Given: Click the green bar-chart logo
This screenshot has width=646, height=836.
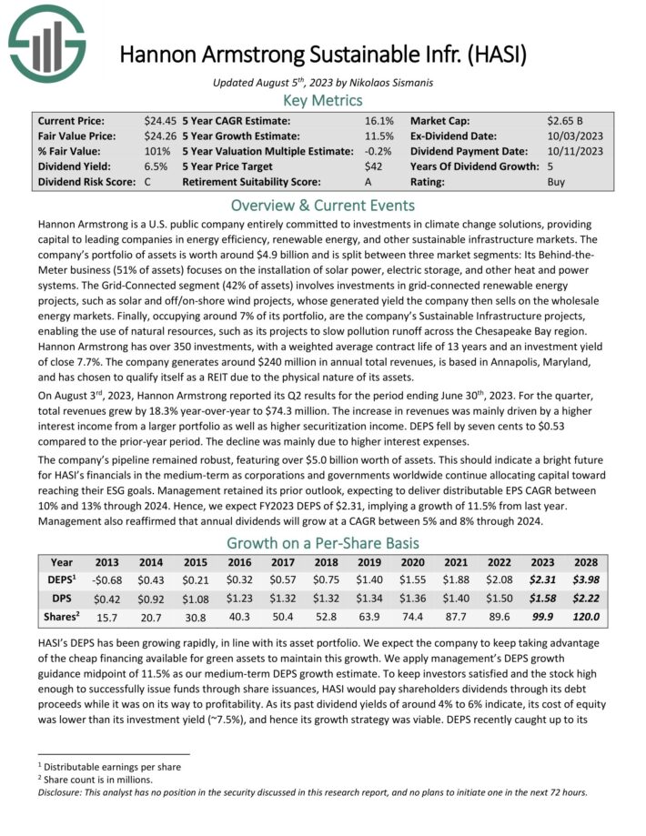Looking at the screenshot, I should [46, 42].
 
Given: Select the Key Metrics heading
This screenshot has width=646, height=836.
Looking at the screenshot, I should [323, 101].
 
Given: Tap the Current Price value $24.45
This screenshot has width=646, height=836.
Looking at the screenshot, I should [161, 121].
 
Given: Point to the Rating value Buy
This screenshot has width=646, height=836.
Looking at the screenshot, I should [557, 183].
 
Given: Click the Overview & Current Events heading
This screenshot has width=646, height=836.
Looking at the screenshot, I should [323, 205].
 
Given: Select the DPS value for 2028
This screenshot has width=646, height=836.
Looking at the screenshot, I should [584, 600].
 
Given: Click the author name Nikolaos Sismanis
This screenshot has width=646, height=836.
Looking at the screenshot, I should [386, 82].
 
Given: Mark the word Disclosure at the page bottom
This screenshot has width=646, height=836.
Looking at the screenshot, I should [65, 791].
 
